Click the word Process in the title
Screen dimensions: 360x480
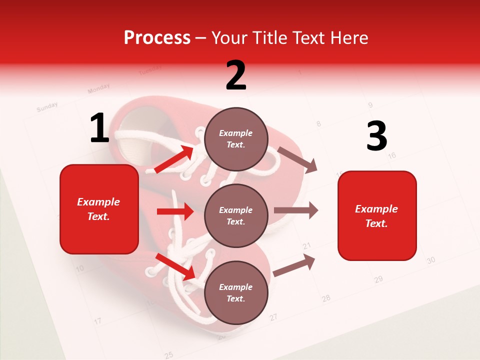click(x=157, y=38)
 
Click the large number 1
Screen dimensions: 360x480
click(x=99, y=128)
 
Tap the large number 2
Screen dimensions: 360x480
click(x=236, y=75)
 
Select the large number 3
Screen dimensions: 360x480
click(x=376, y=136)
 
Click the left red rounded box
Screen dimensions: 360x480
click(x=99, y=209)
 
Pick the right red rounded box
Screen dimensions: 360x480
click(x=377, y=215)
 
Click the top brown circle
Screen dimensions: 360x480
click(x=235, y=139)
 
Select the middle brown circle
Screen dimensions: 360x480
click(x=235, y=215)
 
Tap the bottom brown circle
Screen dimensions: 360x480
click(x=235, y=292)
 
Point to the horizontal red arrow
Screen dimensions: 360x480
click(x=175, y=211)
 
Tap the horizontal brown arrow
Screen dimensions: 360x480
click(x=296, y=210)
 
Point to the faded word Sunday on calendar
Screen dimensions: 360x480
click(x=47, y=106)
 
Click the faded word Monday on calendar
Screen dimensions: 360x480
click(x=98, y=89)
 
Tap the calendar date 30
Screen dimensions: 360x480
click(x=431, y=260)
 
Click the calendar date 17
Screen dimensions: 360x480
click(x=98, y=320)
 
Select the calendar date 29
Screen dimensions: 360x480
click(x=378, y=279)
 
